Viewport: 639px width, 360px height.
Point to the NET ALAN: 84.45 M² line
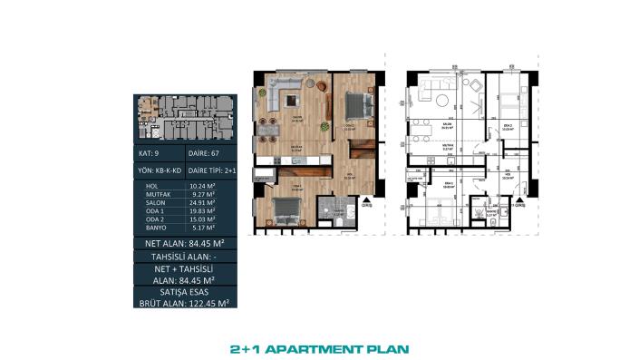click(x=184, y=243)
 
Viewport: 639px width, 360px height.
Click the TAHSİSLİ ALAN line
click(x=184, y=258)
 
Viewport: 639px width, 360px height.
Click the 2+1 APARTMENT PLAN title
click(x=319, y=347)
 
